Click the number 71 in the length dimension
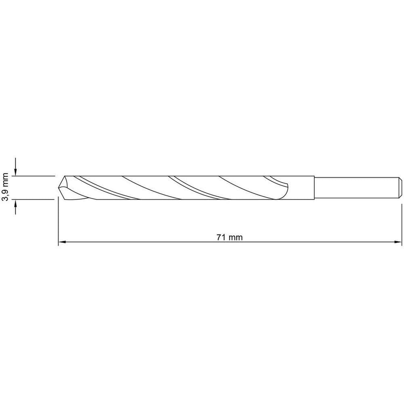(221, 237)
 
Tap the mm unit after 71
(236, 238)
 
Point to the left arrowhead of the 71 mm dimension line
(62, 242)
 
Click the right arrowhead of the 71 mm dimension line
(398, 242)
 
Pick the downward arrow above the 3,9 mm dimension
(15, 167)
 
